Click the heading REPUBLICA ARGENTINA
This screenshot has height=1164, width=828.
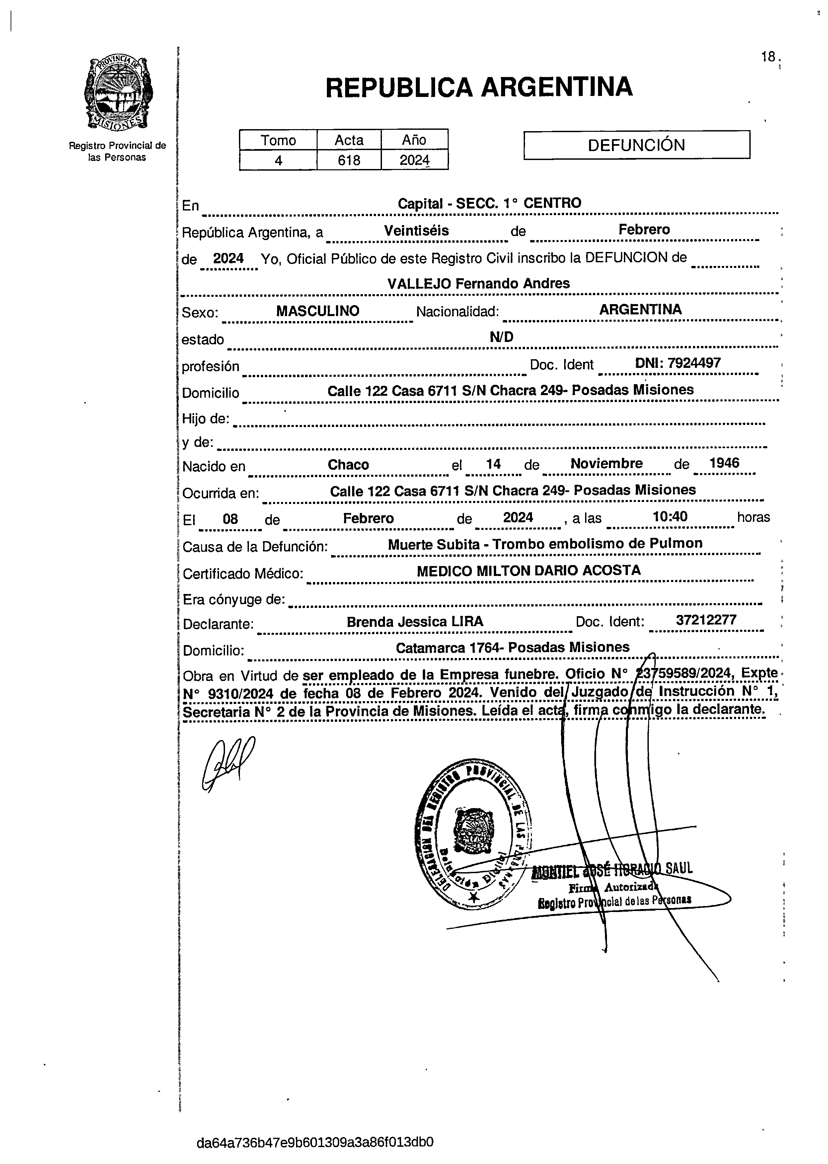click(479, 87)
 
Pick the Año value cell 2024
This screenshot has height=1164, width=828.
click(414, 160)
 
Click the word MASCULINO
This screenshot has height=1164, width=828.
click(318, 311)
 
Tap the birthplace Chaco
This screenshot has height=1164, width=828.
click(348, 465)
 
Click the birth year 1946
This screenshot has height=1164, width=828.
click(724, 463)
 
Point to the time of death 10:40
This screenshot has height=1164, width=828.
click(670, 517)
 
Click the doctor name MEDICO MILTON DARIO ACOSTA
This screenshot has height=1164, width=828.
click(529, 571)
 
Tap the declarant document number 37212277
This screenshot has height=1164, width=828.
click(706, 620)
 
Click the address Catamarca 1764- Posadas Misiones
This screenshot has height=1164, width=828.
click(512, 648)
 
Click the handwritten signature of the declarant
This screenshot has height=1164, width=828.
click(227, 765)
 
